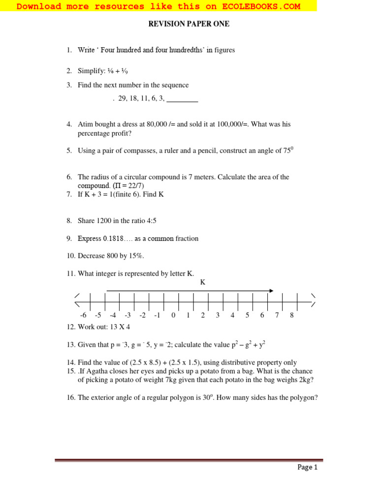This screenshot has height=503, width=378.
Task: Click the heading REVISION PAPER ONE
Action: tap(189, 24)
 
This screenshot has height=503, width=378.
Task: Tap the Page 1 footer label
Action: tap(308, 467)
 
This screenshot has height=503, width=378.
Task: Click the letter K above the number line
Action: tap(202, 282)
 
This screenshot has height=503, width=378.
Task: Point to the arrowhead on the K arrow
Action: tap(271, 291)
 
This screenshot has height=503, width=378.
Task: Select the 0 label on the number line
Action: tap(173, 315)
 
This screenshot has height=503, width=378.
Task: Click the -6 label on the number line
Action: tap(83, 315)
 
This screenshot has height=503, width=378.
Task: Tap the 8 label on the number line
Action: tap(291, 315)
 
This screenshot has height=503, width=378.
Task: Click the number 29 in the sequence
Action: tap(123, 99)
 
